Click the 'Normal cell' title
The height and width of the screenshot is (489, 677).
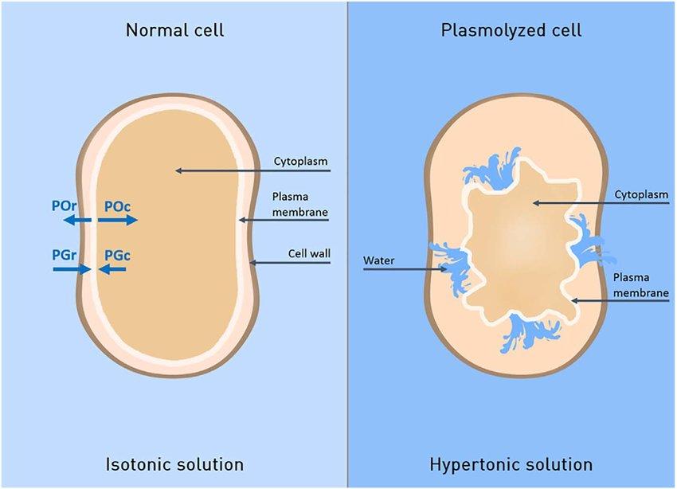[x=174, y=31]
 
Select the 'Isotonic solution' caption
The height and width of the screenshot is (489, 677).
[x=174, y=464]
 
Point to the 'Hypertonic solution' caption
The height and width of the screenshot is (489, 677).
[x=511, y=464]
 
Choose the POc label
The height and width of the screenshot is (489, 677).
[x=117, y=205]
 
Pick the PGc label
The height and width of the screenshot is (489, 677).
[x=117, y=255]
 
